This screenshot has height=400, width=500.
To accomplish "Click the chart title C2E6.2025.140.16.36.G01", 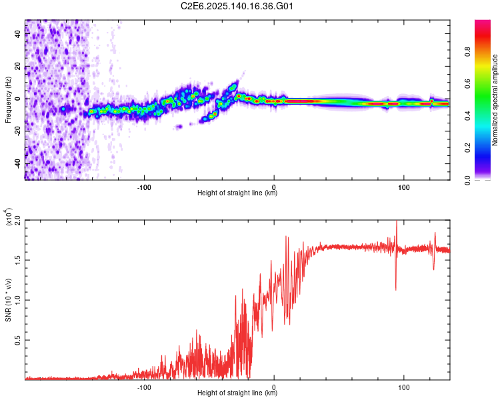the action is tap(237, 6).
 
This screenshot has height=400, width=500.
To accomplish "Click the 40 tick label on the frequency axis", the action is tap(18, 34).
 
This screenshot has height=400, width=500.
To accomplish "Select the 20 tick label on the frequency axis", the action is tap(18, 67).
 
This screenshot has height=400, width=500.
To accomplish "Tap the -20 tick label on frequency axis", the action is tap(18, 132).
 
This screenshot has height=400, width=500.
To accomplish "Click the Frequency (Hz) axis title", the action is tap(8, 99).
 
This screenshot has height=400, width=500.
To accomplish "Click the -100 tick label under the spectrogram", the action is tap(144, 187).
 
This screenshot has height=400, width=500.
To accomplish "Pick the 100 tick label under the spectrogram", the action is tap(404, 187).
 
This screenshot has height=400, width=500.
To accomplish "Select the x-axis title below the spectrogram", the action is tap(237, 193).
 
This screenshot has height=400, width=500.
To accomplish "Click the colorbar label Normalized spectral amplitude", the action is tap(495, 100).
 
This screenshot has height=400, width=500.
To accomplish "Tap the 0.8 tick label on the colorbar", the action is tap(467, 51).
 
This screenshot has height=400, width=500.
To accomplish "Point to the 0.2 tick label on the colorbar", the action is tap(467, 148).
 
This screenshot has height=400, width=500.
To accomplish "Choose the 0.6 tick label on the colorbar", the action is tap(467, 83).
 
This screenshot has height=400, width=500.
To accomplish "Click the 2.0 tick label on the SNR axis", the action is tap(18, 220).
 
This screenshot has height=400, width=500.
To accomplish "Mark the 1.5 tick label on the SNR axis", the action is tap(18, 260).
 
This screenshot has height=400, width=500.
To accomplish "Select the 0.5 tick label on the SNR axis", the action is tap(18, 340).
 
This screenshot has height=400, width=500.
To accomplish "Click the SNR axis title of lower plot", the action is tap(8, 300).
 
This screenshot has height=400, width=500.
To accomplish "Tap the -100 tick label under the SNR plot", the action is tap(144, 387).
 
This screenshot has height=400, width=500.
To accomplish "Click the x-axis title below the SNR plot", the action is tap(237, 393).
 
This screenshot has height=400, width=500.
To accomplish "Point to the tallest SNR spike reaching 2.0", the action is tap(396, 221).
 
